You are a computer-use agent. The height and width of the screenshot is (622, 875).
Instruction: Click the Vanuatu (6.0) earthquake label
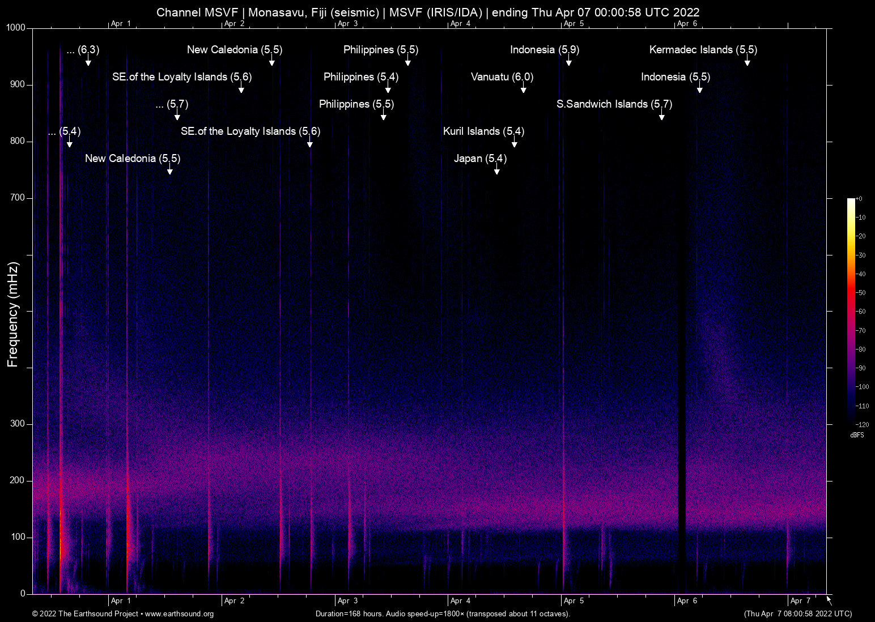tap(502, 77)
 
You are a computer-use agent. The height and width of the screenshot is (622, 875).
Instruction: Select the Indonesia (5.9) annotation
tap(544, 50)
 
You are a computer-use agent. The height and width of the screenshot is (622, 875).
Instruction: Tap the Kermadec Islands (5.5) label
tap(703, 50)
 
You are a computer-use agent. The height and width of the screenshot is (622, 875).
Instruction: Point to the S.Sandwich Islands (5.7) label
tap(614, 104)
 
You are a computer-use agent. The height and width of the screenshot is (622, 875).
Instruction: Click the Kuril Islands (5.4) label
tap(483, 131)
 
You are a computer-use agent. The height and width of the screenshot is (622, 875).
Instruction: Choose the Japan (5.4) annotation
tap(480, 159)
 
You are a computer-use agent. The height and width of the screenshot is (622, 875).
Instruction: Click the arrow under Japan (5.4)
tap(496, 171)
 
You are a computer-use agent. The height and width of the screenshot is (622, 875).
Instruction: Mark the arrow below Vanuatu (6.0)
tap(523, 90)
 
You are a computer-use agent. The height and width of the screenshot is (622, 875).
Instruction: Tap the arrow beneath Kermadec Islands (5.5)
tap(747, 62)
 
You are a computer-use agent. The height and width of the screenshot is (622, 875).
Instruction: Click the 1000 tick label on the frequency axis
tap(16, 28)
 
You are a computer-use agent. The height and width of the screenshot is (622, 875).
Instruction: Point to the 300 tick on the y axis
tap(18, 424)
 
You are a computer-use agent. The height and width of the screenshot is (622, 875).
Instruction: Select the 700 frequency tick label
tap(18, 198)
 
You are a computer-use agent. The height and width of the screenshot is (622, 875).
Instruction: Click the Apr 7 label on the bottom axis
tap(800, 601)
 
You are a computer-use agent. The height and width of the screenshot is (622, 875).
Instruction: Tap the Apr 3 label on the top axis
tap(347, 24)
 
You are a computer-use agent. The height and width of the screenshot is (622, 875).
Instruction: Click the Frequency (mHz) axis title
tap(12, 314)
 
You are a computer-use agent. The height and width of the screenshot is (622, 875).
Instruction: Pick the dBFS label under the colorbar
tap(857, 435)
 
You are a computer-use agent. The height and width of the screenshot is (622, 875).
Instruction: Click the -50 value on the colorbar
tap(861, 293)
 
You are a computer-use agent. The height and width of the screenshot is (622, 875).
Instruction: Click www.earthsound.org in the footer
tap(179, 614)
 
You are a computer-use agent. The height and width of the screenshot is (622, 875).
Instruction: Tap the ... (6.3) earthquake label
tap(83, 50)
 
